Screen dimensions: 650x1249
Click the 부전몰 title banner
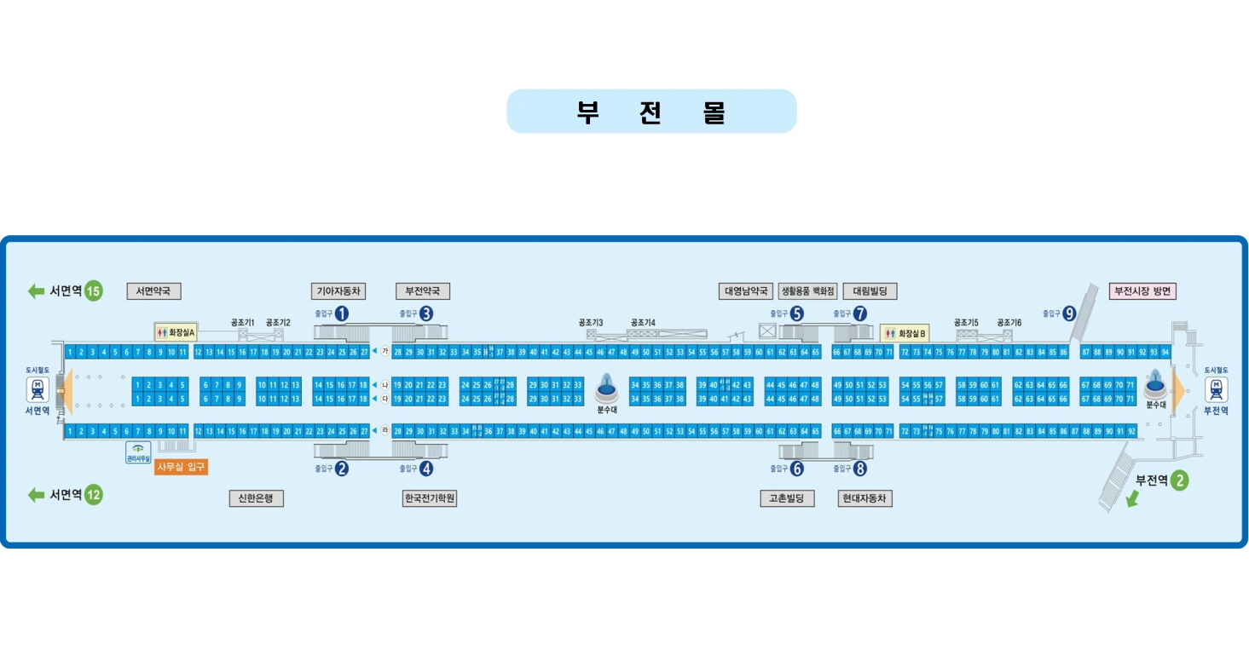pyautogui.click(x=651, y=112)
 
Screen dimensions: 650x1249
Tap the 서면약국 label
pyautogui.click(x=153, y=291)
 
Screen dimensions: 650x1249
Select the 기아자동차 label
pyautogui.click(x=339, y=291)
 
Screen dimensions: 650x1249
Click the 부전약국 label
pyautogui.click(x=423, y=291)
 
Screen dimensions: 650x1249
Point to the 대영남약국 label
pyautogui.click(x=746, y=291)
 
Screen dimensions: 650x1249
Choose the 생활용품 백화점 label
pyautogui.click(x=808, y=291)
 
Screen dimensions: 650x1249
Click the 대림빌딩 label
pyautogui.click(x=870, y=291)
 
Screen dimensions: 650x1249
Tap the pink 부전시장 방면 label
pyautogui.click(x=1142, y=291)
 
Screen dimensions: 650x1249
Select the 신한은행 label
pyautogui.click(x=256, y=498)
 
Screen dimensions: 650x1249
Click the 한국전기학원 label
pyautogui.click(x=430, y=498)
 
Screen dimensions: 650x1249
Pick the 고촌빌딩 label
pyautogui.click(x=787, y=498)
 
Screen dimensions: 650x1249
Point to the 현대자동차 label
pyautogui.click(x=864, y=498)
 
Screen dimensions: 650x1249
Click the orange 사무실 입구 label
pyautogui.click(x=181, y=467)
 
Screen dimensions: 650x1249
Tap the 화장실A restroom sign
pyautogui.click(x=176, y=331)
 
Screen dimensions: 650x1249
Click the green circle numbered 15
pyautogui.click(x=93, y=291)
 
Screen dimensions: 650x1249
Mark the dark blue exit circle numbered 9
pyautogui.click(x=1069, y=313)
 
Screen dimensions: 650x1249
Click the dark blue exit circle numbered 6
pyautogui.click(x=797, y=468)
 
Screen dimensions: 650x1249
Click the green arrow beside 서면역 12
pyautogui.click(x=36, y=495)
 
